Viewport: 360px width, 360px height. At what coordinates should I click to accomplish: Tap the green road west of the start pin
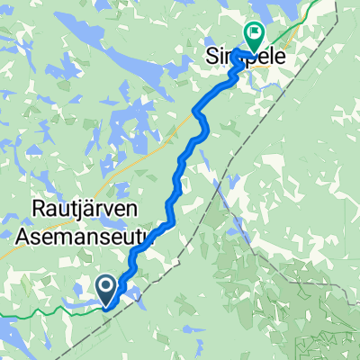[45, 311]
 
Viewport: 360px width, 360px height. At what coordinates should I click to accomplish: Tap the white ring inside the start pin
[106, 287]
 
